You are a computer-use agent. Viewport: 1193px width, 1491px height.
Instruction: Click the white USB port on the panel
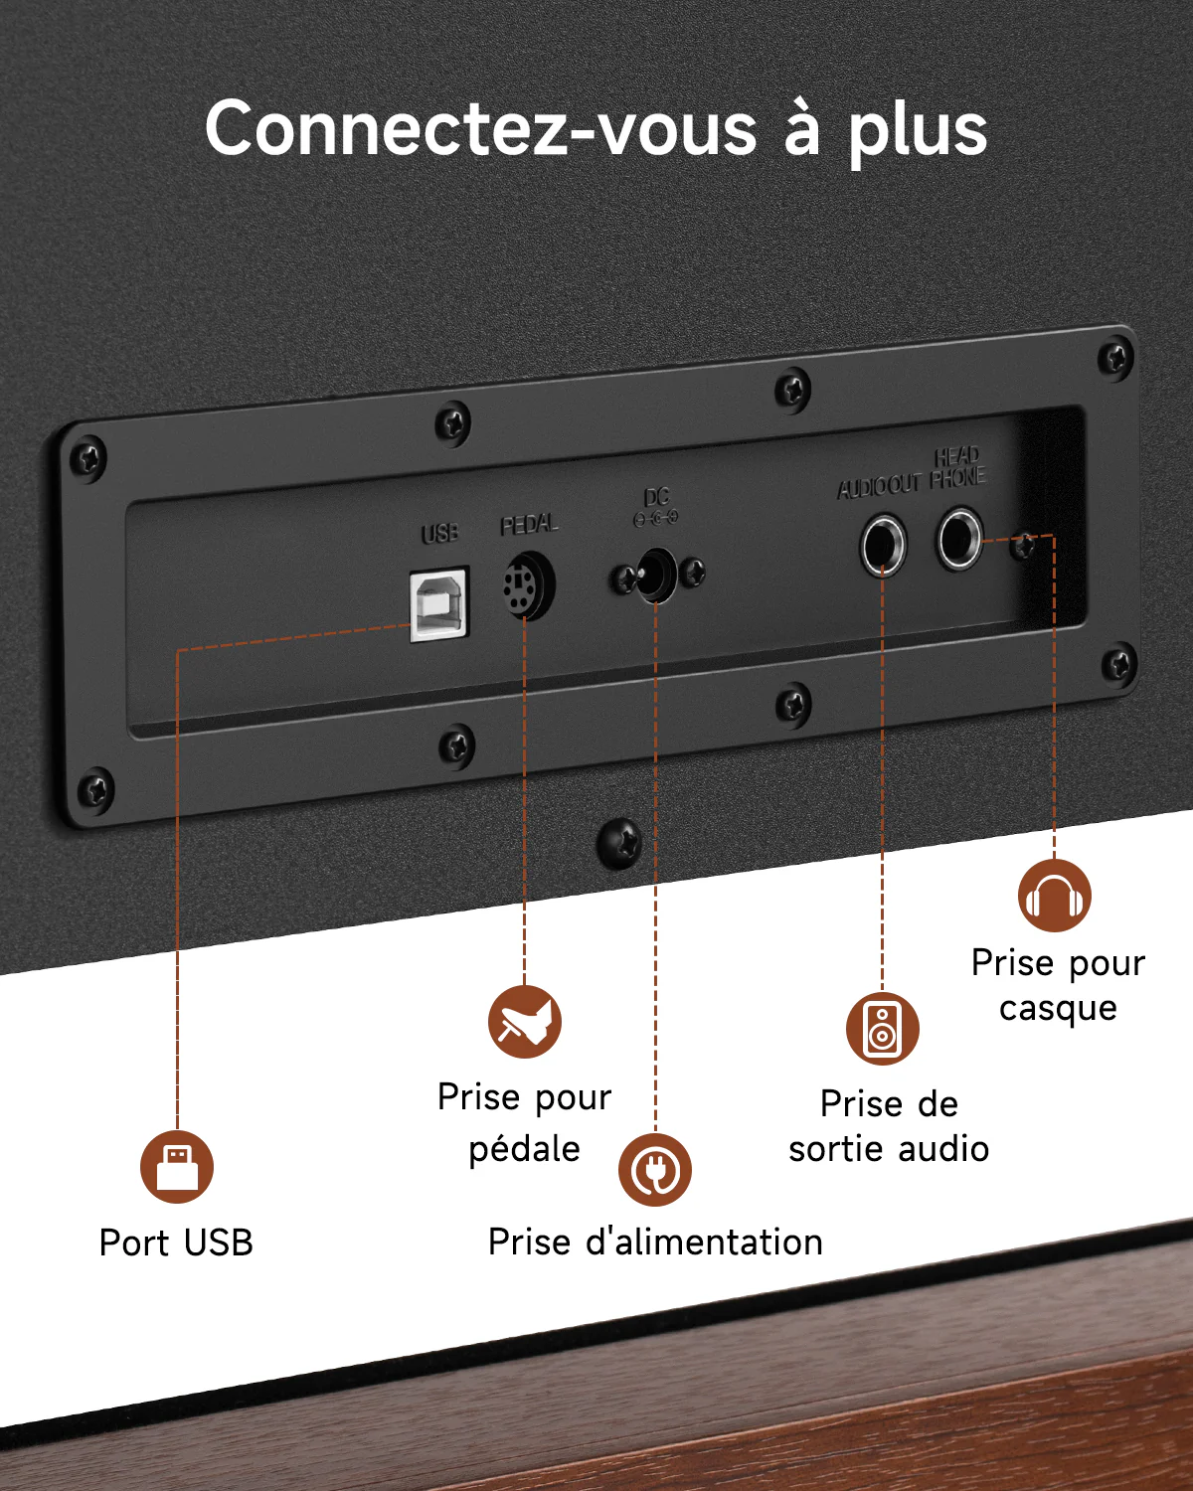click(x=438, y=603)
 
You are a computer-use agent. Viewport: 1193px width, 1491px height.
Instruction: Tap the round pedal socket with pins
click(x=528, y=584)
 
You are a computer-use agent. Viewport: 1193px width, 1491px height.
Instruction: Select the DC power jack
click(x=656, y=575)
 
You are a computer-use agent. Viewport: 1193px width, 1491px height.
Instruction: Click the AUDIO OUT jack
click(x=883, y=546)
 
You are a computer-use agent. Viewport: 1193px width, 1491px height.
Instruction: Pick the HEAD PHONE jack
click(x=960, y=539)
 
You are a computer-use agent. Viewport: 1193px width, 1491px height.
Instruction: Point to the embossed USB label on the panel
click(x=439, y=533)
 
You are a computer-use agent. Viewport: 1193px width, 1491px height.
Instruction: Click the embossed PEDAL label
click(x=529, y=525)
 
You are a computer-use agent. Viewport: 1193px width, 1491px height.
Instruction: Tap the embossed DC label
click(x=656, y=497)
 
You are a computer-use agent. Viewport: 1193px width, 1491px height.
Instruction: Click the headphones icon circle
click(x=1055, y=896)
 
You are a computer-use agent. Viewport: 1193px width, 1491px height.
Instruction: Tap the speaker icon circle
click(x=883, y=1028)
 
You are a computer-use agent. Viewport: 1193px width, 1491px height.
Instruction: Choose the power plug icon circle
click(x=655, y=1170)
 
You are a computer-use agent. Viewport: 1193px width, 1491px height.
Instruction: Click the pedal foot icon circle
click(x=525, y=1021)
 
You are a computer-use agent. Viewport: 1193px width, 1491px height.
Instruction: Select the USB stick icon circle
click(x=177, y=1167)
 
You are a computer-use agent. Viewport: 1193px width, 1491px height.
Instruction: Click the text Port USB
click(x=176, y=1242)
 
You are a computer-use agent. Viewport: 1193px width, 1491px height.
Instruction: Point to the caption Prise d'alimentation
click(x=656, y=1242)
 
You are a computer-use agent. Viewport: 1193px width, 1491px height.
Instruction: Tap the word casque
click(x=1058, y=1009)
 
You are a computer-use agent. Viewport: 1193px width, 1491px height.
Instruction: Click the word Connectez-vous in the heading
click(x=480, y=129)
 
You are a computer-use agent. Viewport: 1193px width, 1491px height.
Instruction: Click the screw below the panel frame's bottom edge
click(x=619, y=843)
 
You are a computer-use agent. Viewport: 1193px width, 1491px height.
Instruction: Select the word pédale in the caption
click(x=524, y=1149)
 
